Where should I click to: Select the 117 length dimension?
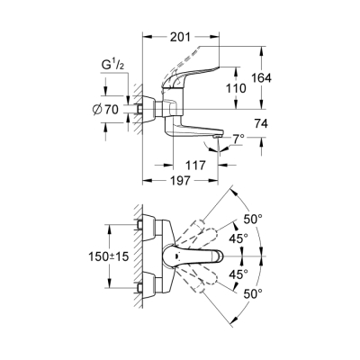coord(194,166)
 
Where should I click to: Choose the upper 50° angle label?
coord(253,219)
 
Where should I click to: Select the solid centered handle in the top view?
coord(199,257)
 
